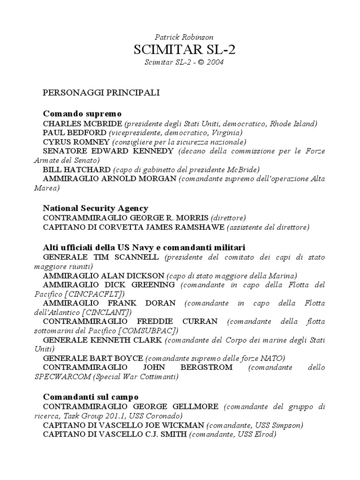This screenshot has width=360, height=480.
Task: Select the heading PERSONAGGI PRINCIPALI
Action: (x=102, y=92)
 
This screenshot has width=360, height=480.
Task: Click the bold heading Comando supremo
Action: (x=82, y=114)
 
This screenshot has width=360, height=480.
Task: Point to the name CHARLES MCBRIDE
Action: (x=82, y=124)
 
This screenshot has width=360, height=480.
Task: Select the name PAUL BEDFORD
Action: (x=75, y=133)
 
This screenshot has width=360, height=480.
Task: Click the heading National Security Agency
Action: (x=96, y=208)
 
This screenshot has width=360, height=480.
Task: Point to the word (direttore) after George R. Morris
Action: (x=228, y=218)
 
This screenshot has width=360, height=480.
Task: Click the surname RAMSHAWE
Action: (x=201, y=227)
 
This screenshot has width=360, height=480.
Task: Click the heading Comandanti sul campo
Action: (x=90, y=397)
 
